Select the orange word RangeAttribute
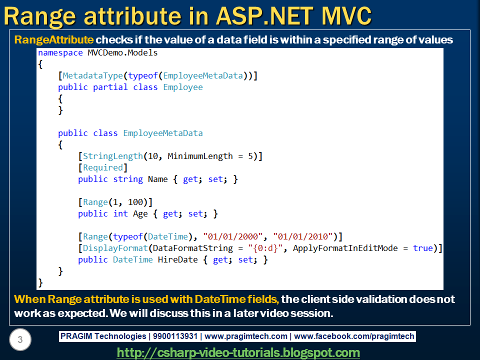(53, 40)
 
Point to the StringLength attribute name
(113, 156)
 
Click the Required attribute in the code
(103, 167)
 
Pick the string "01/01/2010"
(303, 236)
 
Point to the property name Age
(140, 213)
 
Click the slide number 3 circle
(20, 340)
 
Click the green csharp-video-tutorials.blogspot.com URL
(238, 352)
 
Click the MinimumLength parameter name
(200, 156)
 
